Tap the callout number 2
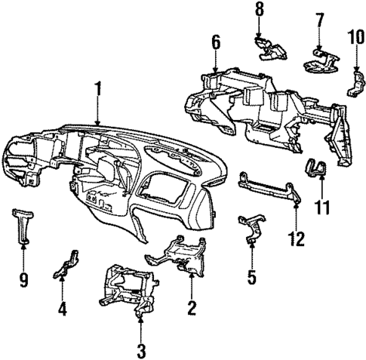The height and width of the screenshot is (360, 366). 192,306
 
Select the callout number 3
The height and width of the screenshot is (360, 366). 140,350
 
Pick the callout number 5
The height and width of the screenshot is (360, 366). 252,276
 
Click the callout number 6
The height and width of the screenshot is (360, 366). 216,45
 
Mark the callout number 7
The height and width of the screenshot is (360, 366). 319,19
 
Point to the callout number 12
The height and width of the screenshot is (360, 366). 297,239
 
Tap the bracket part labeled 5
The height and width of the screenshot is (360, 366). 251,227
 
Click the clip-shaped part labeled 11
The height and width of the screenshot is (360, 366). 316,171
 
